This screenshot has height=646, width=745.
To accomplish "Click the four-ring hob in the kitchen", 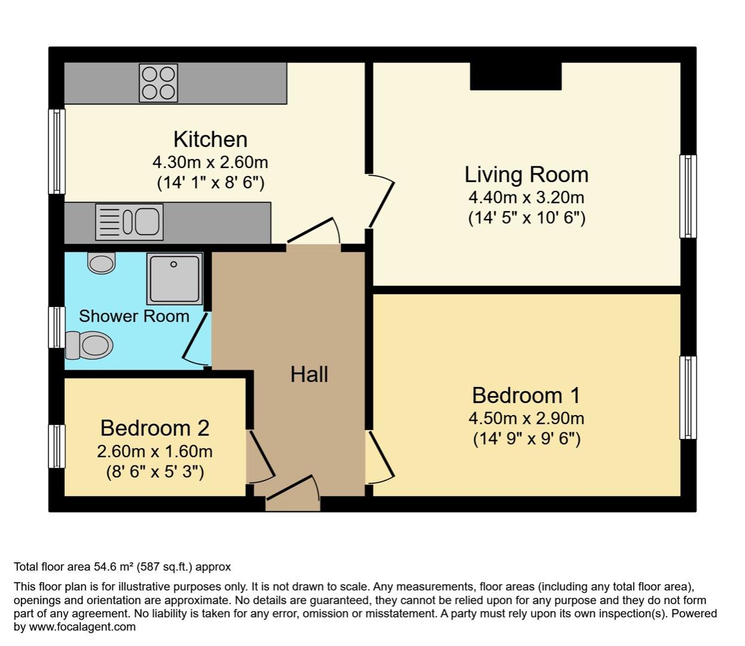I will click(159, 83).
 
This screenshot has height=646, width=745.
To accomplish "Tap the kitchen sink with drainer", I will click(129, 221).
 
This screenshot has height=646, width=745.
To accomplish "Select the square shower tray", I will click(174, 278).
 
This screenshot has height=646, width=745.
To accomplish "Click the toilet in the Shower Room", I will click(89, 345).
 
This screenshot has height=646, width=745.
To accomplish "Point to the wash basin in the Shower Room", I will click(101, 263).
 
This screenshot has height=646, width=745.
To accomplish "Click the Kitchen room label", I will click(210, 139).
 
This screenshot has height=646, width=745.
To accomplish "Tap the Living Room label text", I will click(526, 174).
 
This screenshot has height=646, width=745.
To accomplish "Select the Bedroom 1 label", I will click(526, 395).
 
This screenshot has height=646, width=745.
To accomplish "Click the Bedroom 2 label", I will click(154, 428).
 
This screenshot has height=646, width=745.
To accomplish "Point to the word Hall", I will click(309, 374).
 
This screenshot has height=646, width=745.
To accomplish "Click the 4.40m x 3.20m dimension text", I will click(526, 197).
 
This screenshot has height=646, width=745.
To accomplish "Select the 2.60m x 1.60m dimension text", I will click(154, 451).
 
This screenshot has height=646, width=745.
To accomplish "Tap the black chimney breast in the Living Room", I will click(515, 76).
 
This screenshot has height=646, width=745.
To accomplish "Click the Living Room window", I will click(688, 196).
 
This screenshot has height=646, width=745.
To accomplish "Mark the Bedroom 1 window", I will click(688, 398).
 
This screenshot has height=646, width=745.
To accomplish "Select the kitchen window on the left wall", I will click(56, 151).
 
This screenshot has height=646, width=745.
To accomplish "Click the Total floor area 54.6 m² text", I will click(122, 566).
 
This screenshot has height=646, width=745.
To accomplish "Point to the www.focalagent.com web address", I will click(82, 627).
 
